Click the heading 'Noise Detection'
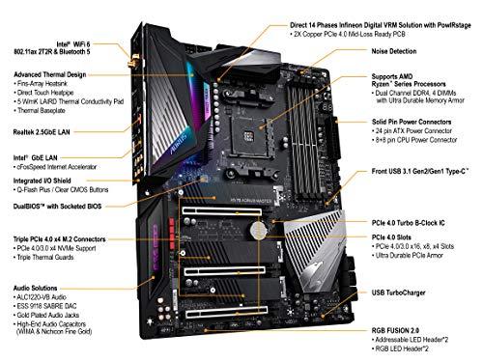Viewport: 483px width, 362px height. [x=399, y=52]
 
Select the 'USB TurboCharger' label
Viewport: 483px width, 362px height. [x=403, y=291]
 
